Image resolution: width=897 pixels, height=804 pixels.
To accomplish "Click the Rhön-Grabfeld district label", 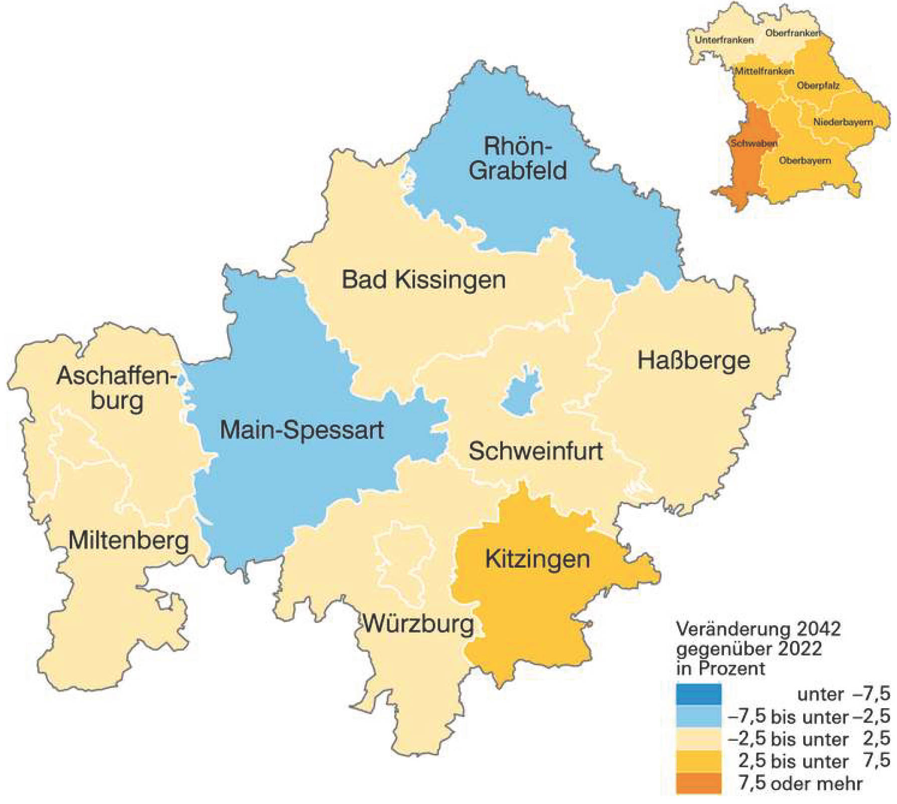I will click(x=518, y=158).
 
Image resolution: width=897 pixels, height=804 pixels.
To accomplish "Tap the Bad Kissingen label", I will click(x=423, y=280).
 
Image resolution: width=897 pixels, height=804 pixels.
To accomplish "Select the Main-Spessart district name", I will click(x=302, y=431).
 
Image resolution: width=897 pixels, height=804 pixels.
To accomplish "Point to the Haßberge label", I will click(x=693, y=361).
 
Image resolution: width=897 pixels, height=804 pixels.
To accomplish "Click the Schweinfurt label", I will click(x=535, y=451).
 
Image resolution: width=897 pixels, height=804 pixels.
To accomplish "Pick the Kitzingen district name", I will click(x=537, y=559).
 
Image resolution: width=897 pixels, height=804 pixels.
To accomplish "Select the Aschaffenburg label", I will click(x=117, y=388).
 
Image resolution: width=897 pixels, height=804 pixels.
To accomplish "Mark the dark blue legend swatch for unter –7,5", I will click(x=698, y=694).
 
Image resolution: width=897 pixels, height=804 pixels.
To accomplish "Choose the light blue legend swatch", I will click(x=698, y=717).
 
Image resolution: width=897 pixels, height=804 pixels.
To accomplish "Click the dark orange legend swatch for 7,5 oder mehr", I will click(x=698, y=783).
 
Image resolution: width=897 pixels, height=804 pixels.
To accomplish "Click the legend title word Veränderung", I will click(x=718, y=629).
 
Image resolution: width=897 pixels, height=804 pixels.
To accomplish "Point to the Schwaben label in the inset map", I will click(x=754, y=144).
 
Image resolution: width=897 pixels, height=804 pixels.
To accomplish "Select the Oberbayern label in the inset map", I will click(x=805, y=161).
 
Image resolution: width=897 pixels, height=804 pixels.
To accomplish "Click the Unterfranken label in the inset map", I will click(x=724, y=40).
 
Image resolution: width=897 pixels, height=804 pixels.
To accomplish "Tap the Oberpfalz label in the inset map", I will click(x=818, y=86).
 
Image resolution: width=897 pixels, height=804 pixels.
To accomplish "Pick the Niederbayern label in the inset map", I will click(x=843, y=122).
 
